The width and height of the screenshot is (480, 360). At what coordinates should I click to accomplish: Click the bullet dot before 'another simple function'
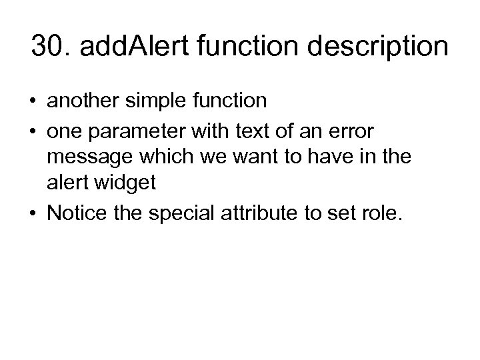[x=33, y=101]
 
